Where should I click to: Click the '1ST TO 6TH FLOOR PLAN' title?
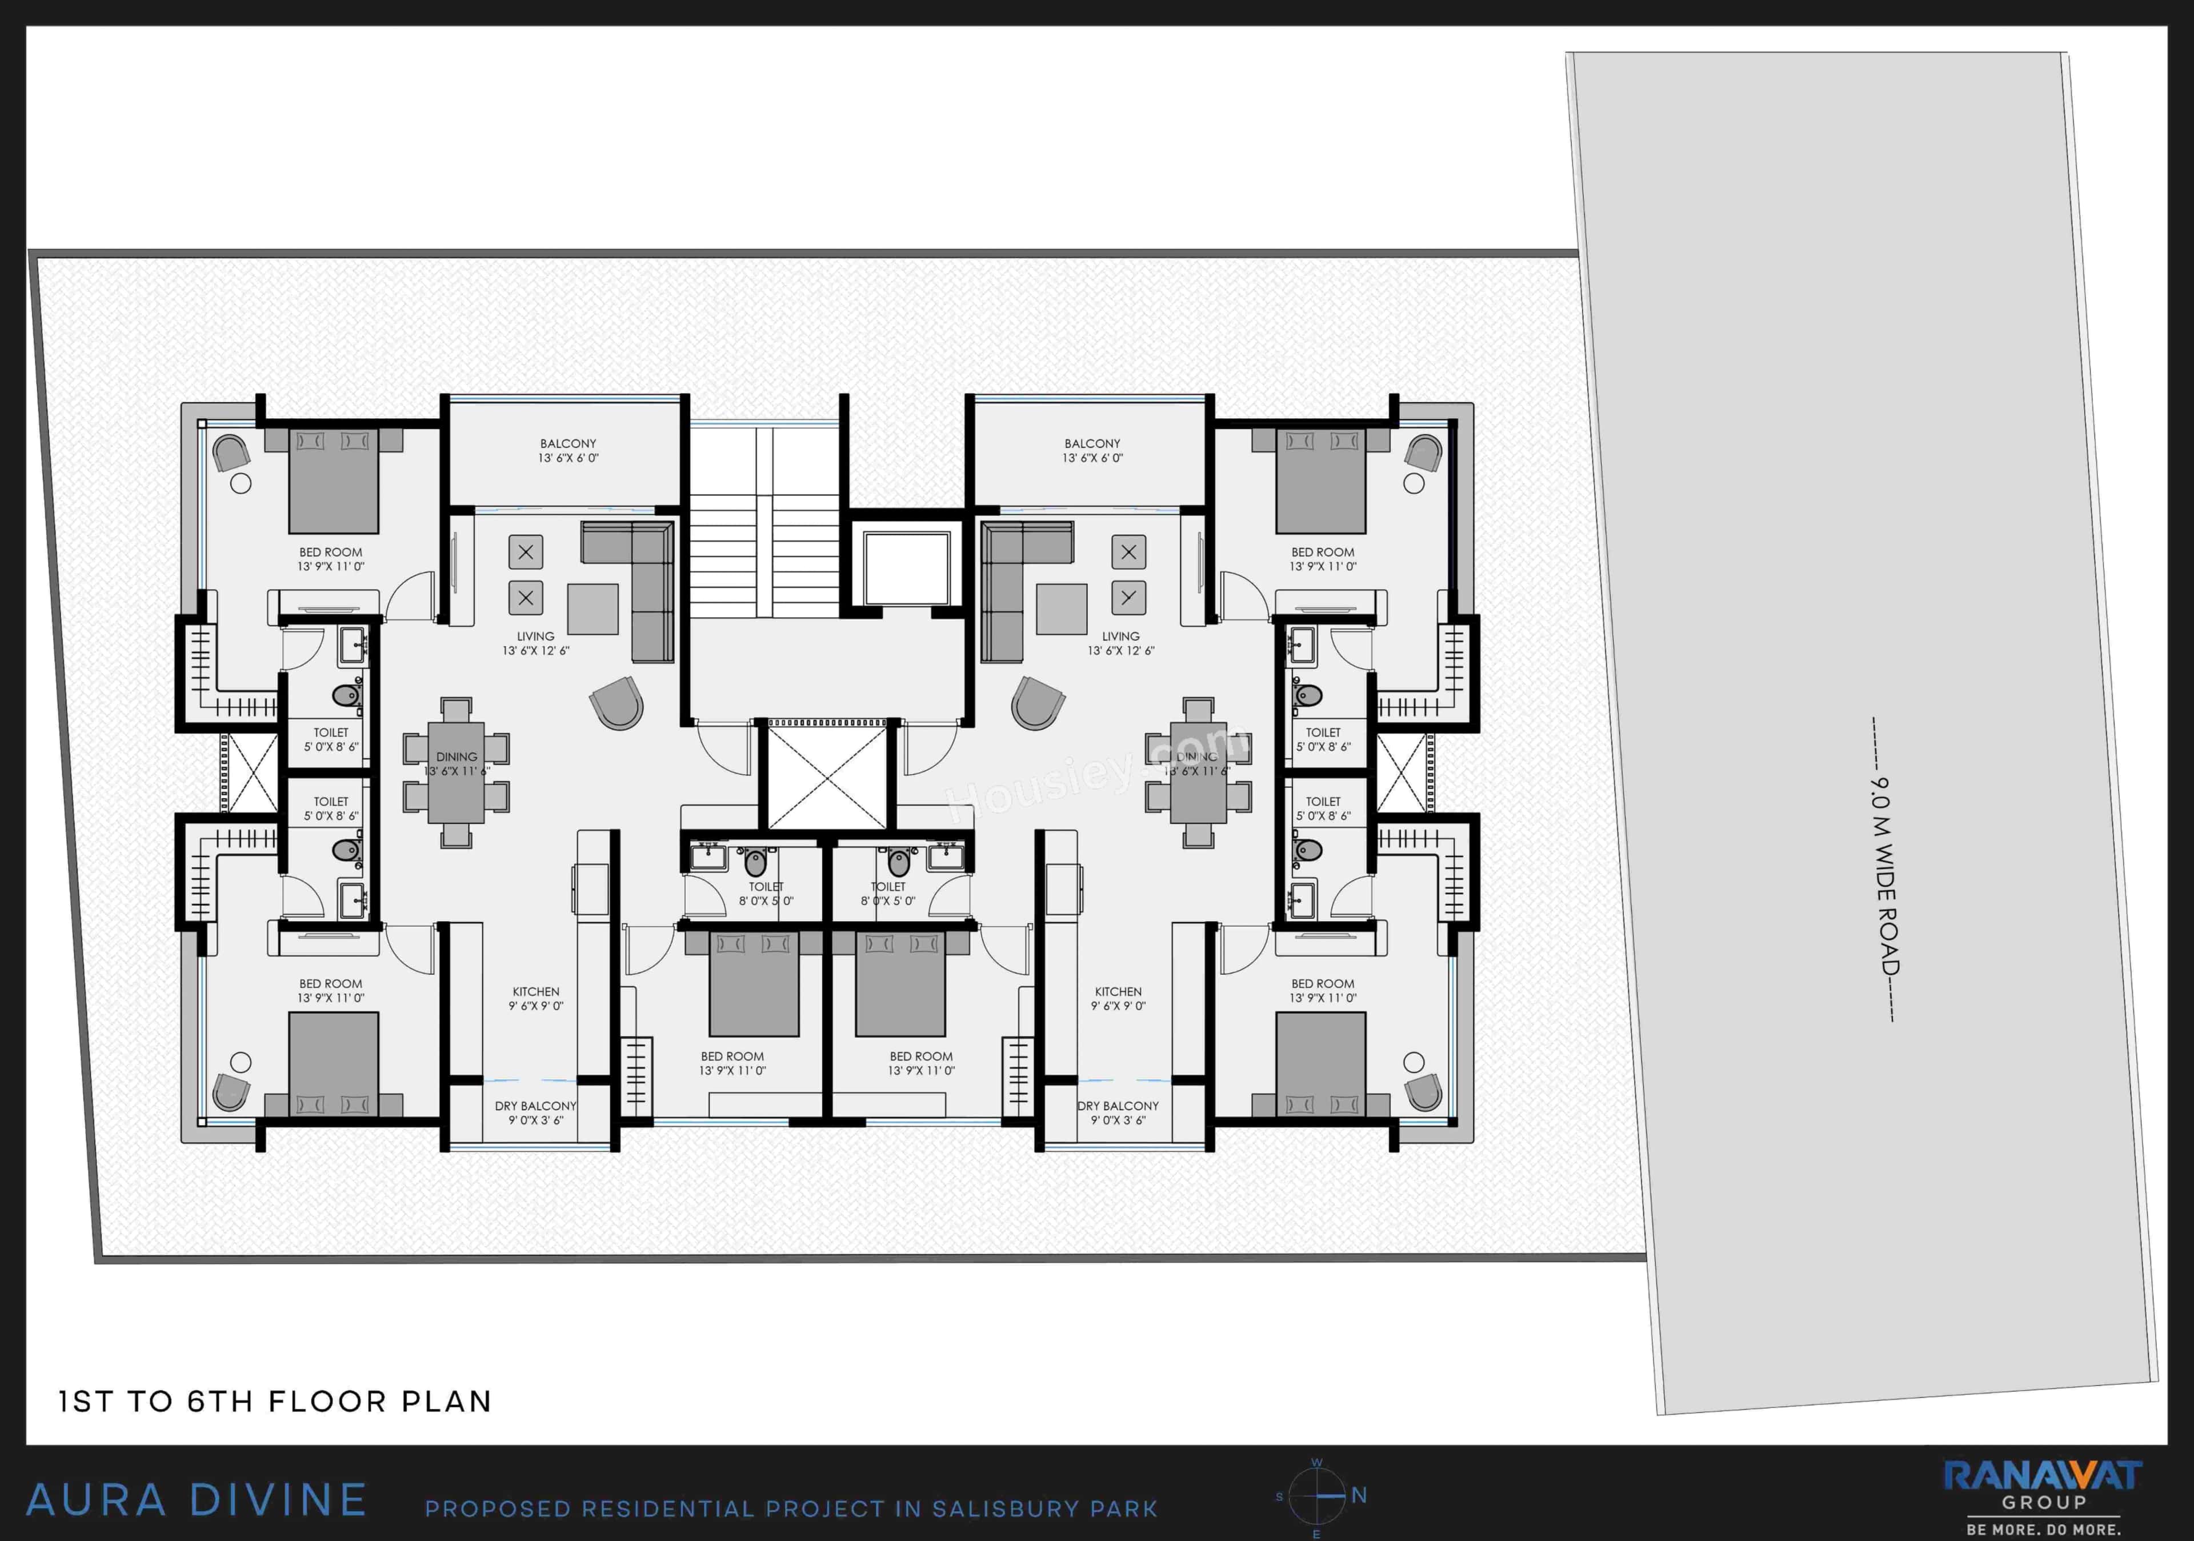coord(275,1402)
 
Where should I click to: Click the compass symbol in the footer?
coord(1317,1496)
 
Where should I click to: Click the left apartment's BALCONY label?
coord(567,451)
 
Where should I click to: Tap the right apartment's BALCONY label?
coord(1092,451)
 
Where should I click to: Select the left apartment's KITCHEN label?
coord(536,998)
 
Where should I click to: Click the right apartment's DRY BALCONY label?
coord(1118,1112)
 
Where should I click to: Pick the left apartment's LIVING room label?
coord(535,643)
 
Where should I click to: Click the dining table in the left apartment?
coord(456,772)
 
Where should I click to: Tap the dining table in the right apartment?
coord(1198,772)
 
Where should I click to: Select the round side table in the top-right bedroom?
coord(1414,483)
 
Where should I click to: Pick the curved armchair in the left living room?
coord(617,703)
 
